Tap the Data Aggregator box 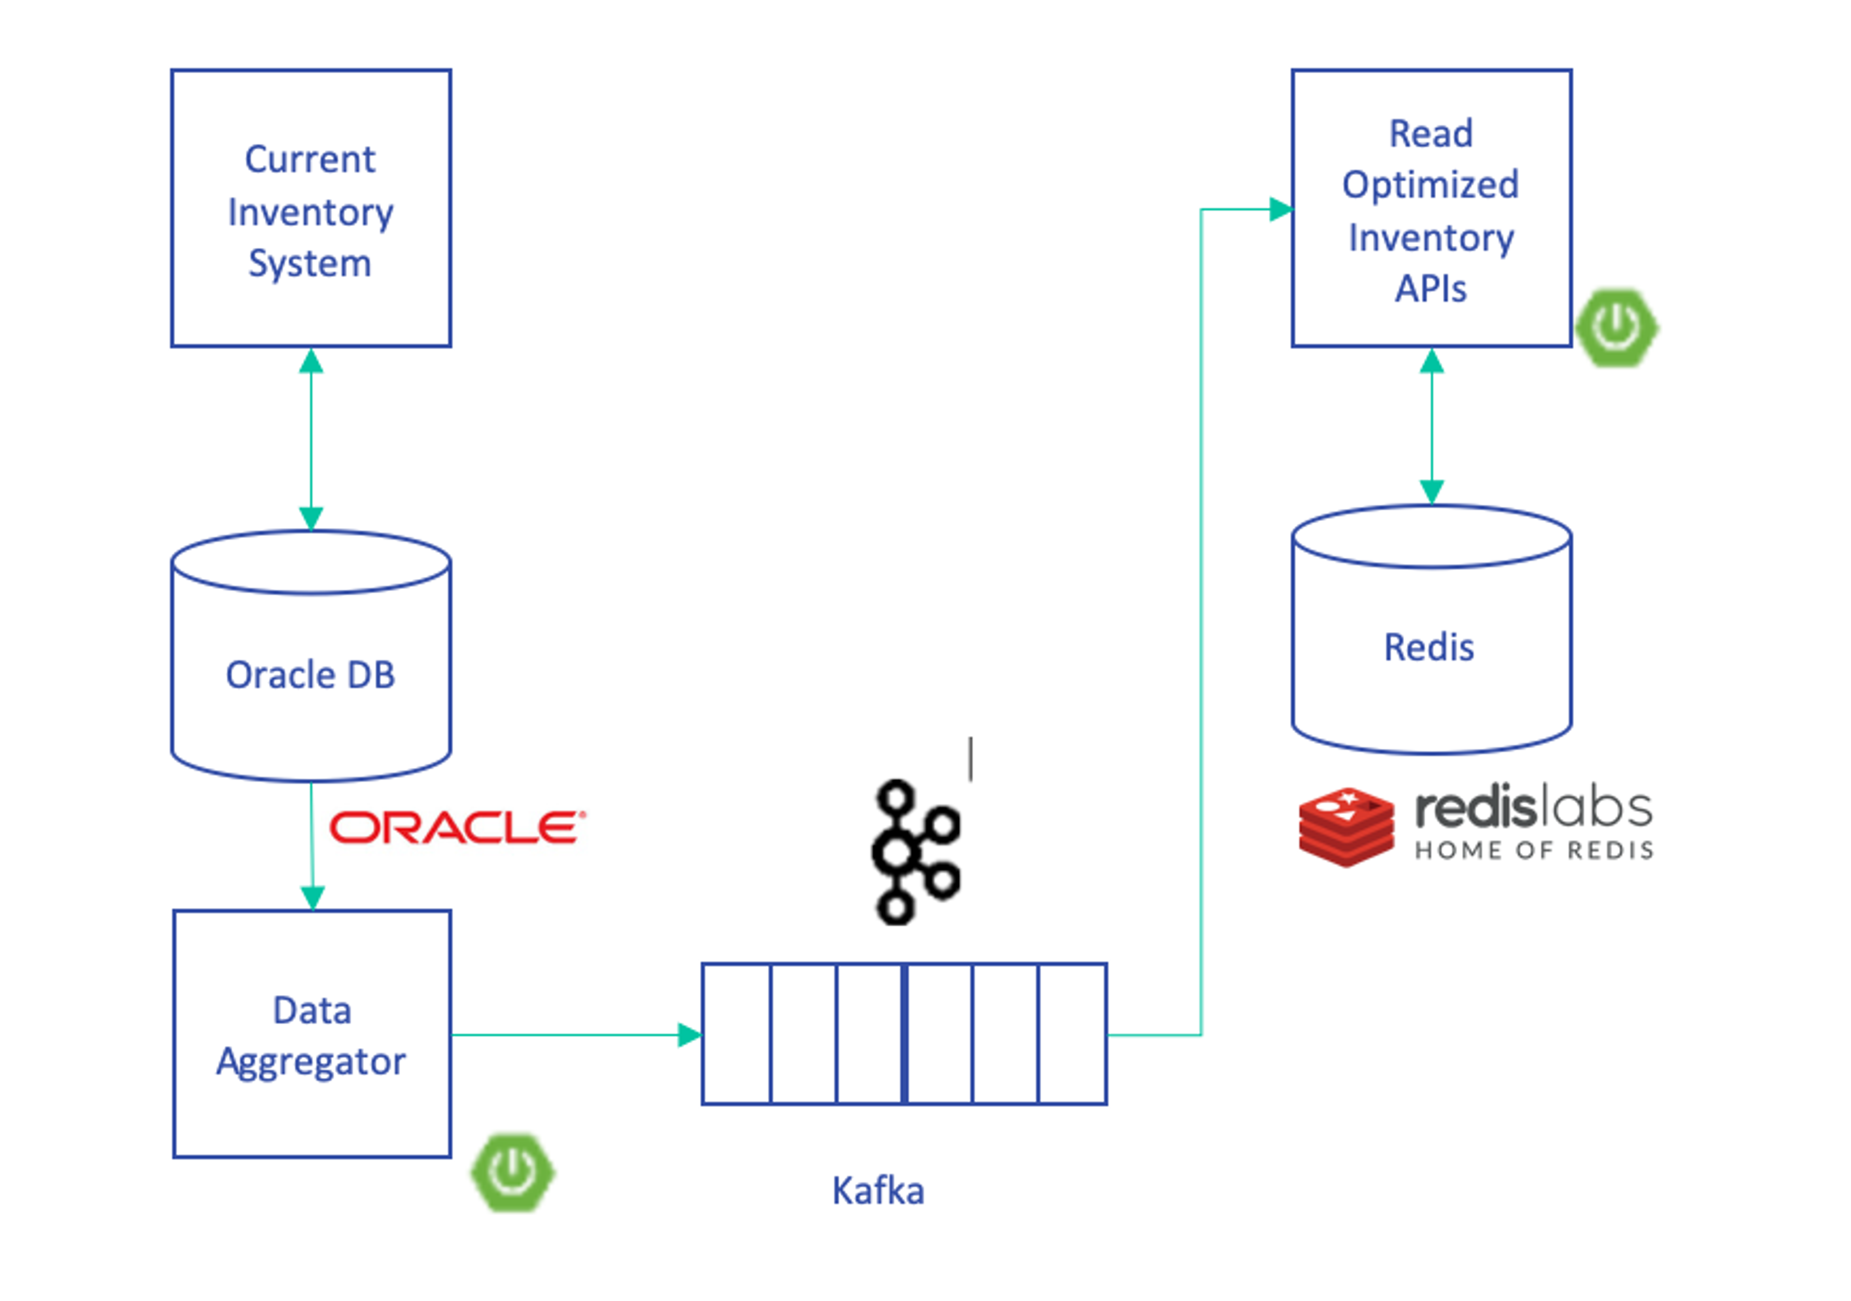[312, 1034]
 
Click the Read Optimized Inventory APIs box [1431, 208]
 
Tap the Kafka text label [878, 1191]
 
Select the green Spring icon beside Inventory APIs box [1616, 327]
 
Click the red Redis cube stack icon [1345, 827]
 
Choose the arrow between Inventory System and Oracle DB [311, 439]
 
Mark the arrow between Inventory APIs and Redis [1431, 427]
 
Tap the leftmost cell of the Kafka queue [736, 1034]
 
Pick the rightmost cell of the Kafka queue [1072, 1034]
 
